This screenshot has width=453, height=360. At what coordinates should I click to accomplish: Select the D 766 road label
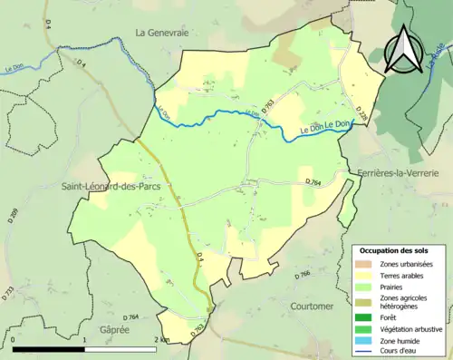point(303,273)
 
